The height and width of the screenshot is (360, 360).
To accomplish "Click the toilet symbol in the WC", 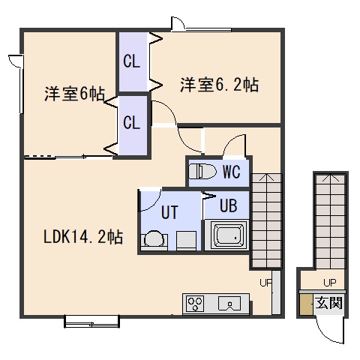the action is [202, 171].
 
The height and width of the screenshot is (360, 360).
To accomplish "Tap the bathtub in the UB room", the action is [226, 235].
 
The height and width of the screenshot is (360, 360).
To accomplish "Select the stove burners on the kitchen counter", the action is [195, 303].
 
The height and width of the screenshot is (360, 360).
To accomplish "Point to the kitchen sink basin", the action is [229, 303].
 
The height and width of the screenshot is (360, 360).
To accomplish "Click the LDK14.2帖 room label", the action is [83, 237].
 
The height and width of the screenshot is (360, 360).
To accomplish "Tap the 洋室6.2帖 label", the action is [219, 85].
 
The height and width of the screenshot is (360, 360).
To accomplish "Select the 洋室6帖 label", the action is [74, 94].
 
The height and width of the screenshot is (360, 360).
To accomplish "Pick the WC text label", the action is [232, 172].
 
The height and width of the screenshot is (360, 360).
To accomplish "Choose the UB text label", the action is [229, 205].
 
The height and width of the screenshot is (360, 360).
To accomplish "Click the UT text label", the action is [169, 212].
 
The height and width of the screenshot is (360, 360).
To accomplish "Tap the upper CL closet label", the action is [131, 61].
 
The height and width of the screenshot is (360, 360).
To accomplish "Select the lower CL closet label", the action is [131, 122].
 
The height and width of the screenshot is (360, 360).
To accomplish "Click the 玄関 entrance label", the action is [328, 303].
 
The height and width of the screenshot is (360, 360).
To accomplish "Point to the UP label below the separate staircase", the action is [330, 283].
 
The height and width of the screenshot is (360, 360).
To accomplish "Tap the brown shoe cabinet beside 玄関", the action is [306, 304].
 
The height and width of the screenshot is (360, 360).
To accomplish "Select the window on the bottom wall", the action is [91, 322].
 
